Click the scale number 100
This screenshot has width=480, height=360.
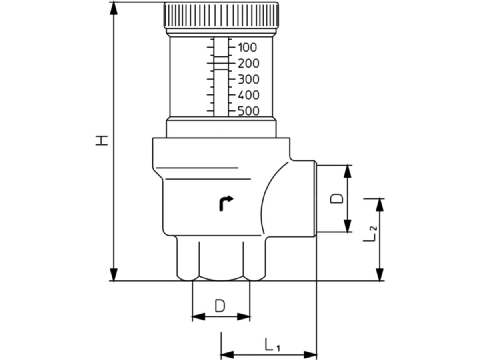(248, 48)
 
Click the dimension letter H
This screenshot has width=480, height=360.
(102, 140)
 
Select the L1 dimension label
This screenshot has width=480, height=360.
(272, 345)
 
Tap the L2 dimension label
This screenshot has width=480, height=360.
(370, 234)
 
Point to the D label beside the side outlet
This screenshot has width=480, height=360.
(338, 198)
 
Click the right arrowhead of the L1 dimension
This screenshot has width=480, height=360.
(311, 354)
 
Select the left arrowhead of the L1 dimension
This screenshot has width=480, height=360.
(227, 354)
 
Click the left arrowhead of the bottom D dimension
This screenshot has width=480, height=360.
(198, 317)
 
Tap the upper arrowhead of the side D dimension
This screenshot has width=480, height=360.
(348, 171)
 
